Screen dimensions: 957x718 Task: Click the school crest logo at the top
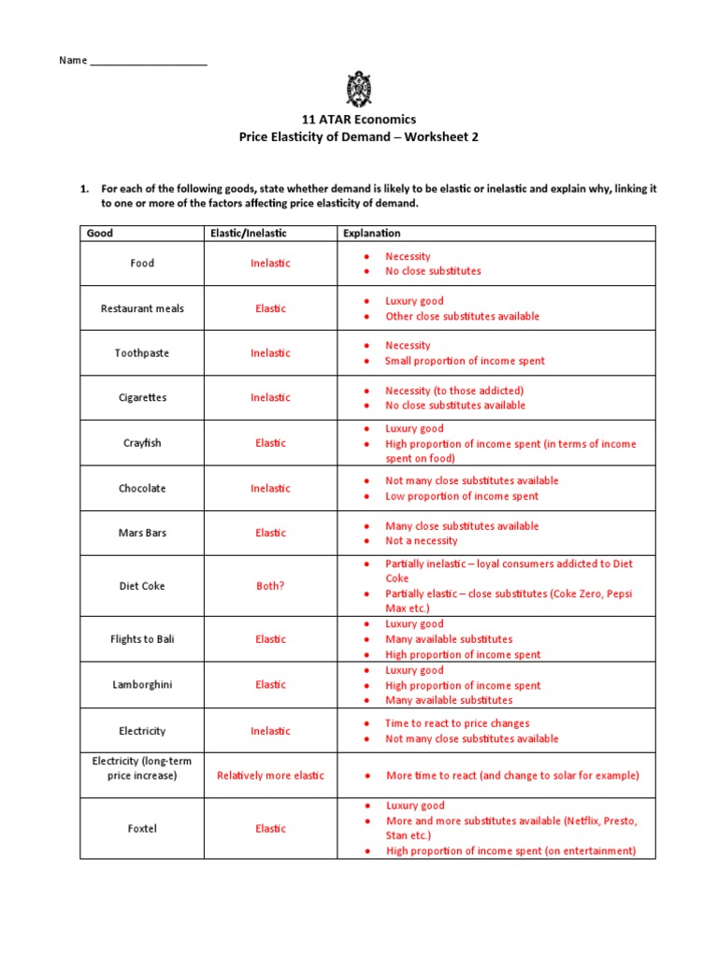(x=359, y=90)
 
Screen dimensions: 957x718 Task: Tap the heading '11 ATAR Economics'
(x=358, y=120)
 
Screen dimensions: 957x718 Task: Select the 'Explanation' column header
(x=372, y=233)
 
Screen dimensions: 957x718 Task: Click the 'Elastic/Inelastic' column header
(x=242, y=233)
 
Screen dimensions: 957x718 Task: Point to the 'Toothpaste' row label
(x=142, y=353)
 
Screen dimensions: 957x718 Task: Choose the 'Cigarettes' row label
(x=142, y=397)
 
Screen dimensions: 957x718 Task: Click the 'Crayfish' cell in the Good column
(x=142, y=443)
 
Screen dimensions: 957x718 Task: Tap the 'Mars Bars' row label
(x=142, y=533)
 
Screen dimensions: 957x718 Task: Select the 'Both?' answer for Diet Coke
(x=270, y=586)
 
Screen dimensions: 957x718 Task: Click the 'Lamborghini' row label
(x=142, y=685)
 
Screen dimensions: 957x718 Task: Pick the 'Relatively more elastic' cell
(x=270, y=776)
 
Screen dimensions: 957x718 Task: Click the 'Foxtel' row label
(x=142, y=828)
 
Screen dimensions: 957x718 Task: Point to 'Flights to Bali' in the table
(x=142, y=639)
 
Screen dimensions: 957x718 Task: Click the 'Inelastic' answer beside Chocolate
(x=270, y=488)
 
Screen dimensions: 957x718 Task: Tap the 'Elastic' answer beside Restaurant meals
(x=270, y=308)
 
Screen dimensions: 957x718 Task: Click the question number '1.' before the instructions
(x=84, y=189)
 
